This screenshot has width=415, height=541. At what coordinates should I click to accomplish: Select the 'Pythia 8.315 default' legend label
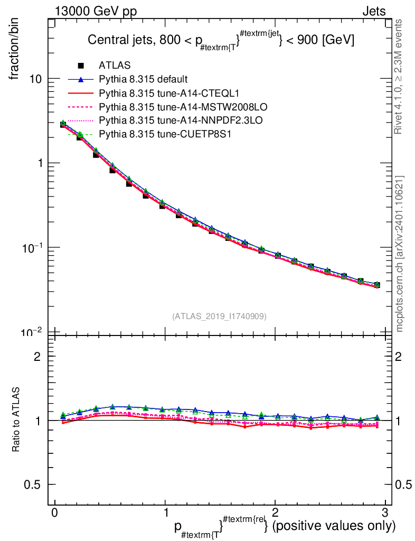pos(143,80)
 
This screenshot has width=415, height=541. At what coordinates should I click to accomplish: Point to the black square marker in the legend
pos(81,66)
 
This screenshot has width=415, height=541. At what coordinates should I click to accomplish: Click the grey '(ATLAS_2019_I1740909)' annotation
pos(219,316)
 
